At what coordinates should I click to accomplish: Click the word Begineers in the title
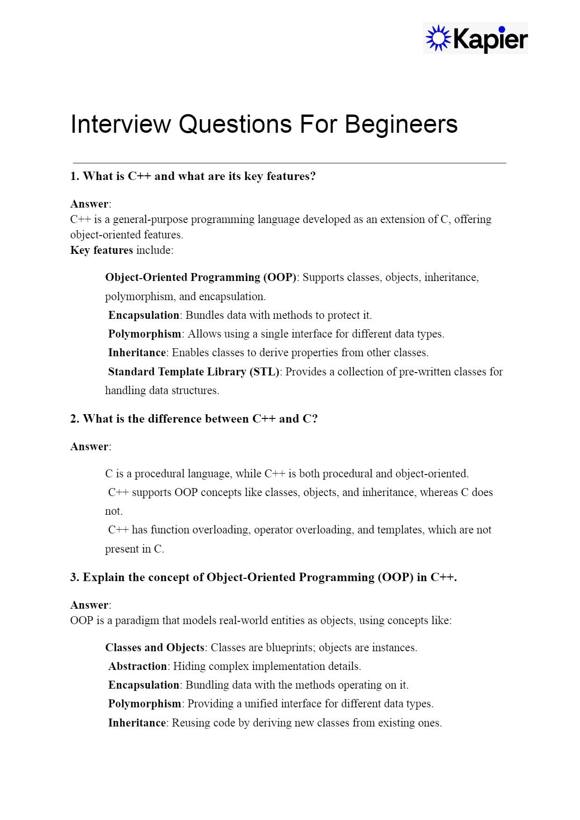401,124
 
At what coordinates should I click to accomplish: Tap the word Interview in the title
121,124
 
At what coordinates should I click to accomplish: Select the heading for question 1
193,176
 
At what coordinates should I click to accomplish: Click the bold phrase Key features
101,250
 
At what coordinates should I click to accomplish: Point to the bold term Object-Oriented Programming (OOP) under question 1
200,277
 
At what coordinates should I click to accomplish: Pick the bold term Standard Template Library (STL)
193,372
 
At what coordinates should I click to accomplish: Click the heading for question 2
194,419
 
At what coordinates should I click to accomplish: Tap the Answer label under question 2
90,446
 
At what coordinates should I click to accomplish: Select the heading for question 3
264,577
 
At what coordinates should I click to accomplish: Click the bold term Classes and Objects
155,647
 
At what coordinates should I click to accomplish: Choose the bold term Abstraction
137,666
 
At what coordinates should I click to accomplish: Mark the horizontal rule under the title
289,163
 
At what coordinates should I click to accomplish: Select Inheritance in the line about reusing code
137,723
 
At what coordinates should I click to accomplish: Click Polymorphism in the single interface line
144,334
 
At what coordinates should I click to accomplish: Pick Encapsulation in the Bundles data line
143,315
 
